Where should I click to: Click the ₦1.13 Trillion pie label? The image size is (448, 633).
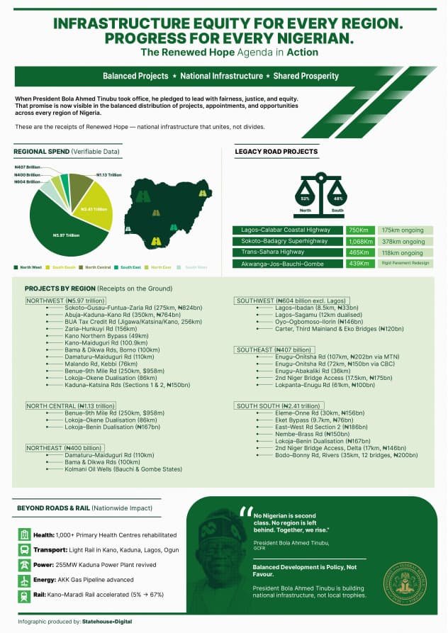[108, 174]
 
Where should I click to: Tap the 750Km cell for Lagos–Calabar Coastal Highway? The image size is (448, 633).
[359, 230]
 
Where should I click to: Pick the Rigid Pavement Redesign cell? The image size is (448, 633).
[406, 264]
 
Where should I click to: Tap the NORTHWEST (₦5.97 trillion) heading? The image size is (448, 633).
[65, 301]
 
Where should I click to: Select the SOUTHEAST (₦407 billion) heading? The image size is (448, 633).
[274, 350]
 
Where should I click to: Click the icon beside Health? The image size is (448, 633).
[24, 535]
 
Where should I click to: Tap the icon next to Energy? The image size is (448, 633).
[24, 581]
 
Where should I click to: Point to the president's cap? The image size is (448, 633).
[213, 529]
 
